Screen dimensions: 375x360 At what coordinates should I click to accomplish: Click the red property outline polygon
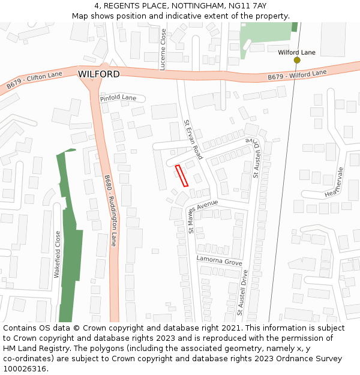coord(182,175)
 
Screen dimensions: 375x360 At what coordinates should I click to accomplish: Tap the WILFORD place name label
coord(98,74)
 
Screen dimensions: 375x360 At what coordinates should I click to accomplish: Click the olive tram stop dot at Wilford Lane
coord(297,60)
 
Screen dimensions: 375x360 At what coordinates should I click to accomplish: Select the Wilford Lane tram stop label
coord(296,52)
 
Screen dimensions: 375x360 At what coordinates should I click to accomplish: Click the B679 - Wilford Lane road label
coord(296,75)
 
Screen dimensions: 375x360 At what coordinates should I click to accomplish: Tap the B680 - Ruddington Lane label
coord(110,210)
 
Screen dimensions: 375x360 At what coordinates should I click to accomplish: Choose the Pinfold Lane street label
coord(118,97)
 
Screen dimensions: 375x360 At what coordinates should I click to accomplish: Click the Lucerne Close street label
coord(163,49)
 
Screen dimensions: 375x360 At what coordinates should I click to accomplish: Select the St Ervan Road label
coord(193,139)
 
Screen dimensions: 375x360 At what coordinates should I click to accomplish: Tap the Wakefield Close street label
coord(58,254)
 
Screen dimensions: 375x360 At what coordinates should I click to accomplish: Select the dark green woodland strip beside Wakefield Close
coord(70,240)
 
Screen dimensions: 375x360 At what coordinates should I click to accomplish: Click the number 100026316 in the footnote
coord(25,368)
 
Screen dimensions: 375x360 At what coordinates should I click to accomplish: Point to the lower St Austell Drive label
coord(241,292)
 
